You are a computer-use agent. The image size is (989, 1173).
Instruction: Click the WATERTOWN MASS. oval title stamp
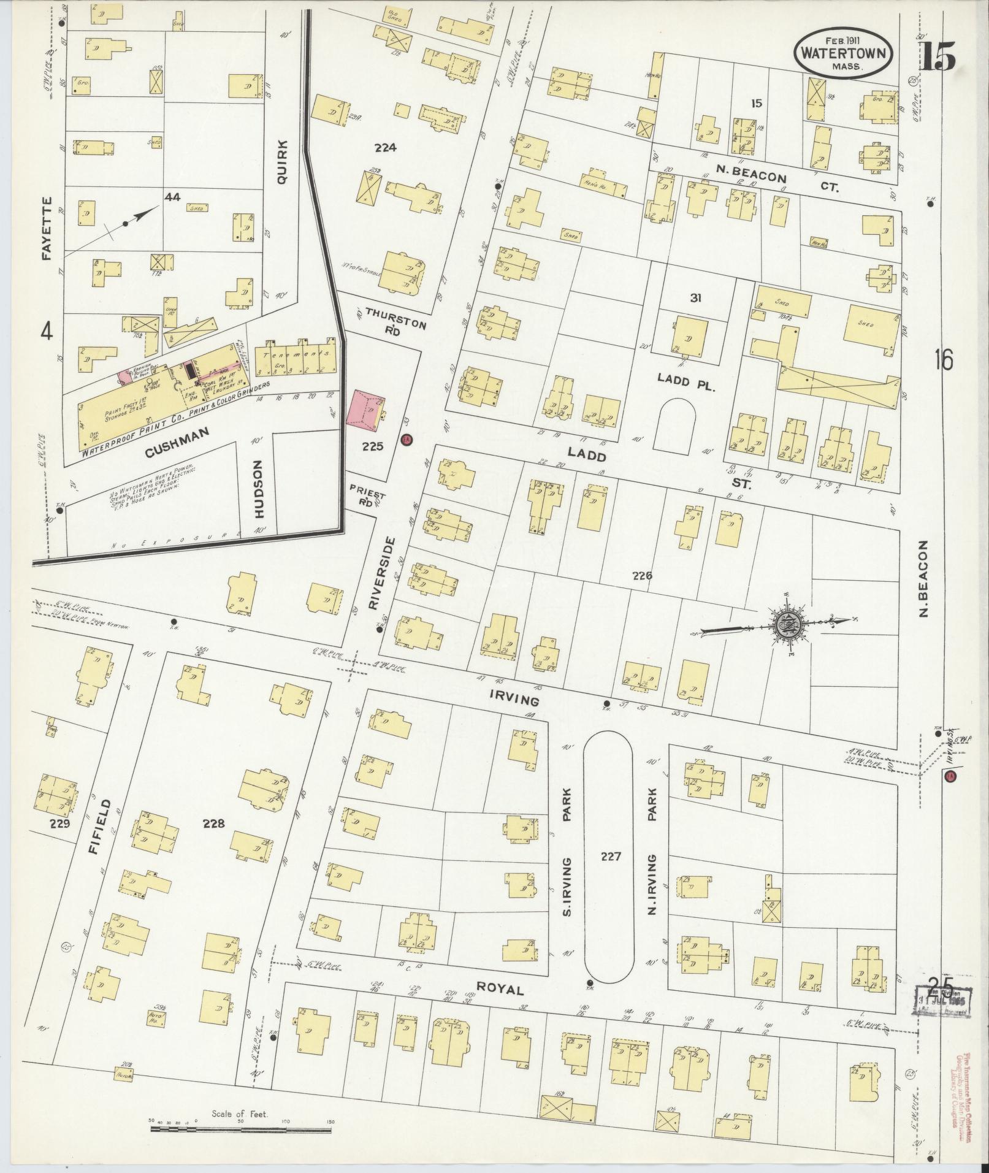point(844,53)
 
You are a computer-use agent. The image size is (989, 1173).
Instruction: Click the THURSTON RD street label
point(395,319)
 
